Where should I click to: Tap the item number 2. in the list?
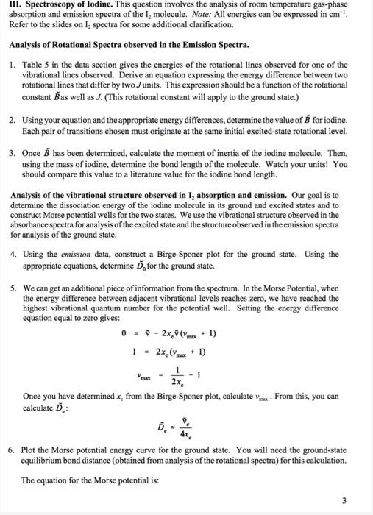(13, 119)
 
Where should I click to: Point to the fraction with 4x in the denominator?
(197, 430)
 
